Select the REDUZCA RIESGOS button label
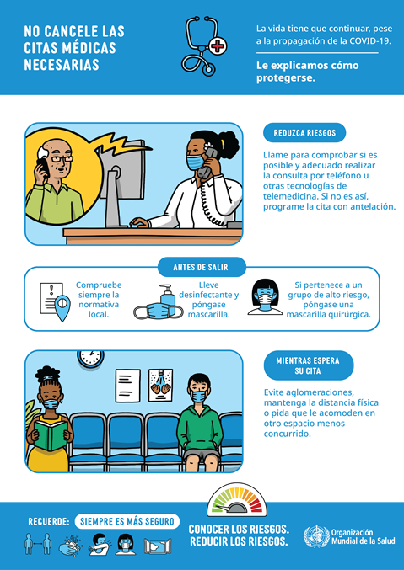click(304, 133)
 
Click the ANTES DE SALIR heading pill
click(202, 268)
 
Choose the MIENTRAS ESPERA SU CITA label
click(308, 365)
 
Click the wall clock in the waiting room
click(89, 359)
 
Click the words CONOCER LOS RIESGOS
click(239, 529)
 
